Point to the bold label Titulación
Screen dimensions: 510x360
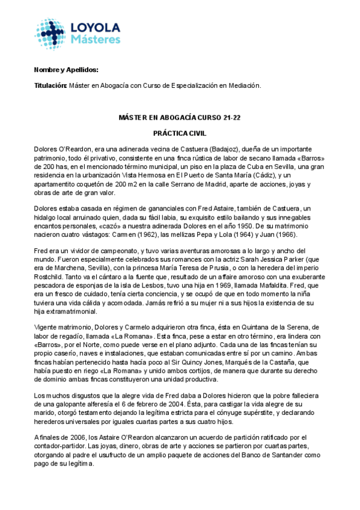(x=50, y=86)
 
